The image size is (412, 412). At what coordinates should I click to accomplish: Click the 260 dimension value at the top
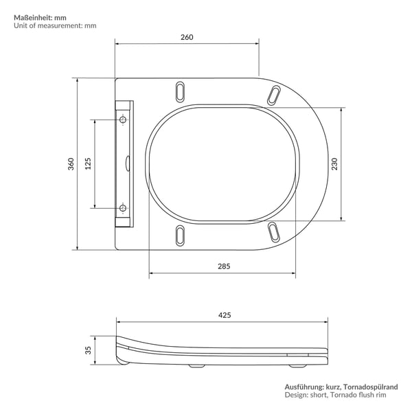[187, 37]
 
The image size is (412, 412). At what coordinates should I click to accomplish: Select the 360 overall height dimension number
[71, 164]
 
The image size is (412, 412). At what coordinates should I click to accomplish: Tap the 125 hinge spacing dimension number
[88, 163]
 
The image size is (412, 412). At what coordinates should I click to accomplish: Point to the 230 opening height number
[334, 164]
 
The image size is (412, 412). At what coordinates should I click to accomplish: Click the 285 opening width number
[224, 266]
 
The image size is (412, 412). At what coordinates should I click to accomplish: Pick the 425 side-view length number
[225, 315]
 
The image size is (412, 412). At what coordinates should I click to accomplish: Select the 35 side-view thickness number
[88, 350]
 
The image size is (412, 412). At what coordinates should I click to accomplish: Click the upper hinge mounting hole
[123, 119]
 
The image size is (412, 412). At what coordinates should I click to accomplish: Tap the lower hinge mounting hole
[123, 208]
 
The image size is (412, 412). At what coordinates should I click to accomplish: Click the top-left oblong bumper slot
[180, 91]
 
